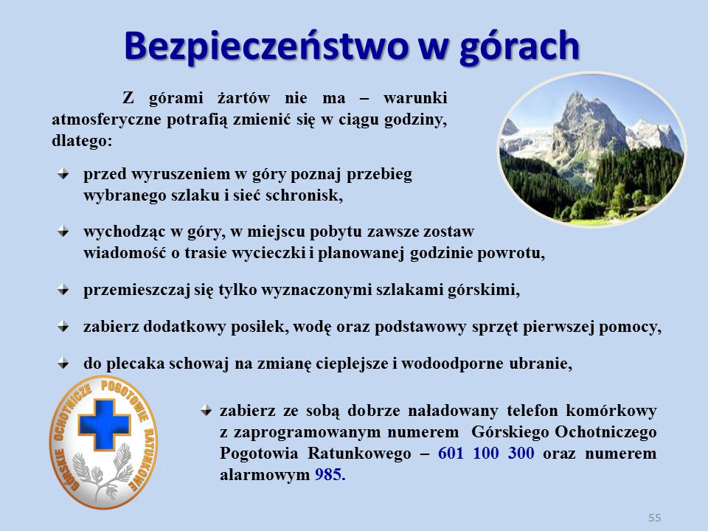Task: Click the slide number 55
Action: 654,518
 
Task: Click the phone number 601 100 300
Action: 486,453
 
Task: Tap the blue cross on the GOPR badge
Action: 104,425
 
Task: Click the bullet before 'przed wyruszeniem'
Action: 63,174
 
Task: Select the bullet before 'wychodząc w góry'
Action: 63,232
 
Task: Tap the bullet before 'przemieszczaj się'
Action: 63,289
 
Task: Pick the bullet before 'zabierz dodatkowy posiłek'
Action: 63,327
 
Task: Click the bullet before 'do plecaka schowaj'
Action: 63,363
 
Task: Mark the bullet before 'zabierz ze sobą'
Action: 206,411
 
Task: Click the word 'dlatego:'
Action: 82,141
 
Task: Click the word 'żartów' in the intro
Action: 243,98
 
